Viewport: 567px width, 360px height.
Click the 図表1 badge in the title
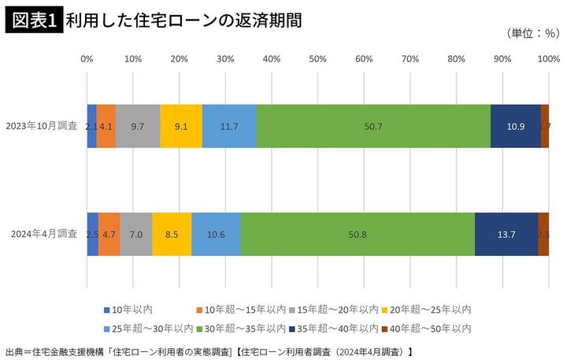tap(34, 20)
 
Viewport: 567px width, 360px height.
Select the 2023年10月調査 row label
tap(41, 125)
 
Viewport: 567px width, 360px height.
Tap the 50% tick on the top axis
tap(317, 59)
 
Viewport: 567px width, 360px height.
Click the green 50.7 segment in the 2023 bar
tap(373, 126)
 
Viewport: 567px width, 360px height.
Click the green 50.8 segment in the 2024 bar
tap(357, 234)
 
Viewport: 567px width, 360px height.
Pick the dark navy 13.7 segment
tap(506, 234)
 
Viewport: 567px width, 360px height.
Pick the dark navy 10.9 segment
tap(515, 126)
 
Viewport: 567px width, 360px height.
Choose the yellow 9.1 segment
tap(180, 126)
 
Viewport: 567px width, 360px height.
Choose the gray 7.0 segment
tap(135, 234)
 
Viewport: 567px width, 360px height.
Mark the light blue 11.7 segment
tap(229, 126)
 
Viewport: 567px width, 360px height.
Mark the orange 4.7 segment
tap(109, 234)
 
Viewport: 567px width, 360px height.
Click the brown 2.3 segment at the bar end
tap(543, 234)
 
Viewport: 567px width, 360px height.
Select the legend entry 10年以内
tap(125, 308)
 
